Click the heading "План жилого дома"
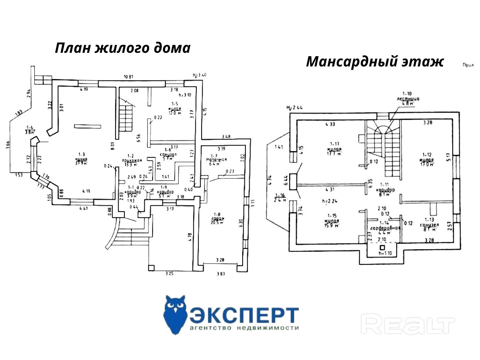[123, 48]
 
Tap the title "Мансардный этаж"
[374, 62]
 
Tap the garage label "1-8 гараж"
[217, 218]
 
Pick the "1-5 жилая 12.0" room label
[175, 109]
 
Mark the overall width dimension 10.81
[128, 77]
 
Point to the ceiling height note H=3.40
[200, 75]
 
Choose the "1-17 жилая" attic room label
[335, 150]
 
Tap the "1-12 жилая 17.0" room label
[426, 160]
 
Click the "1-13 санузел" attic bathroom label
[430, 224]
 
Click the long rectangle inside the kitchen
[88, 126]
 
